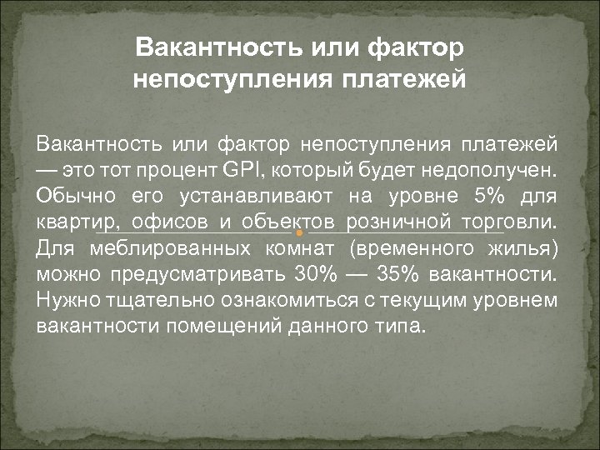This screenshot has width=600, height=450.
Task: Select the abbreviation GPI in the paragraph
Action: [240, 172]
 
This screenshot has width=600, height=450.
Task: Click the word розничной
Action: [399, 222]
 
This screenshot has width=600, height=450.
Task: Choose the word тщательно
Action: [155, 298]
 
